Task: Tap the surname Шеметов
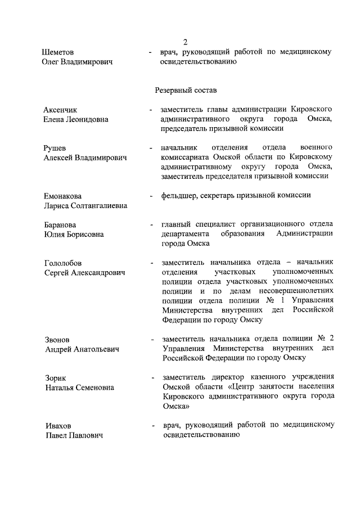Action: coord(60,52)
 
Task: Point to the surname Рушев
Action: coord(55,148)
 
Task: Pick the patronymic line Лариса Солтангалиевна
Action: coord(85,206)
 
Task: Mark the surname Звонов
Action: coord(57,339)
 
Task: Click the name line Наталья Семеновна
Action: coord(79,388)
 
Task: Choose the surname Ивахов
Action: coord(58,425)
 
